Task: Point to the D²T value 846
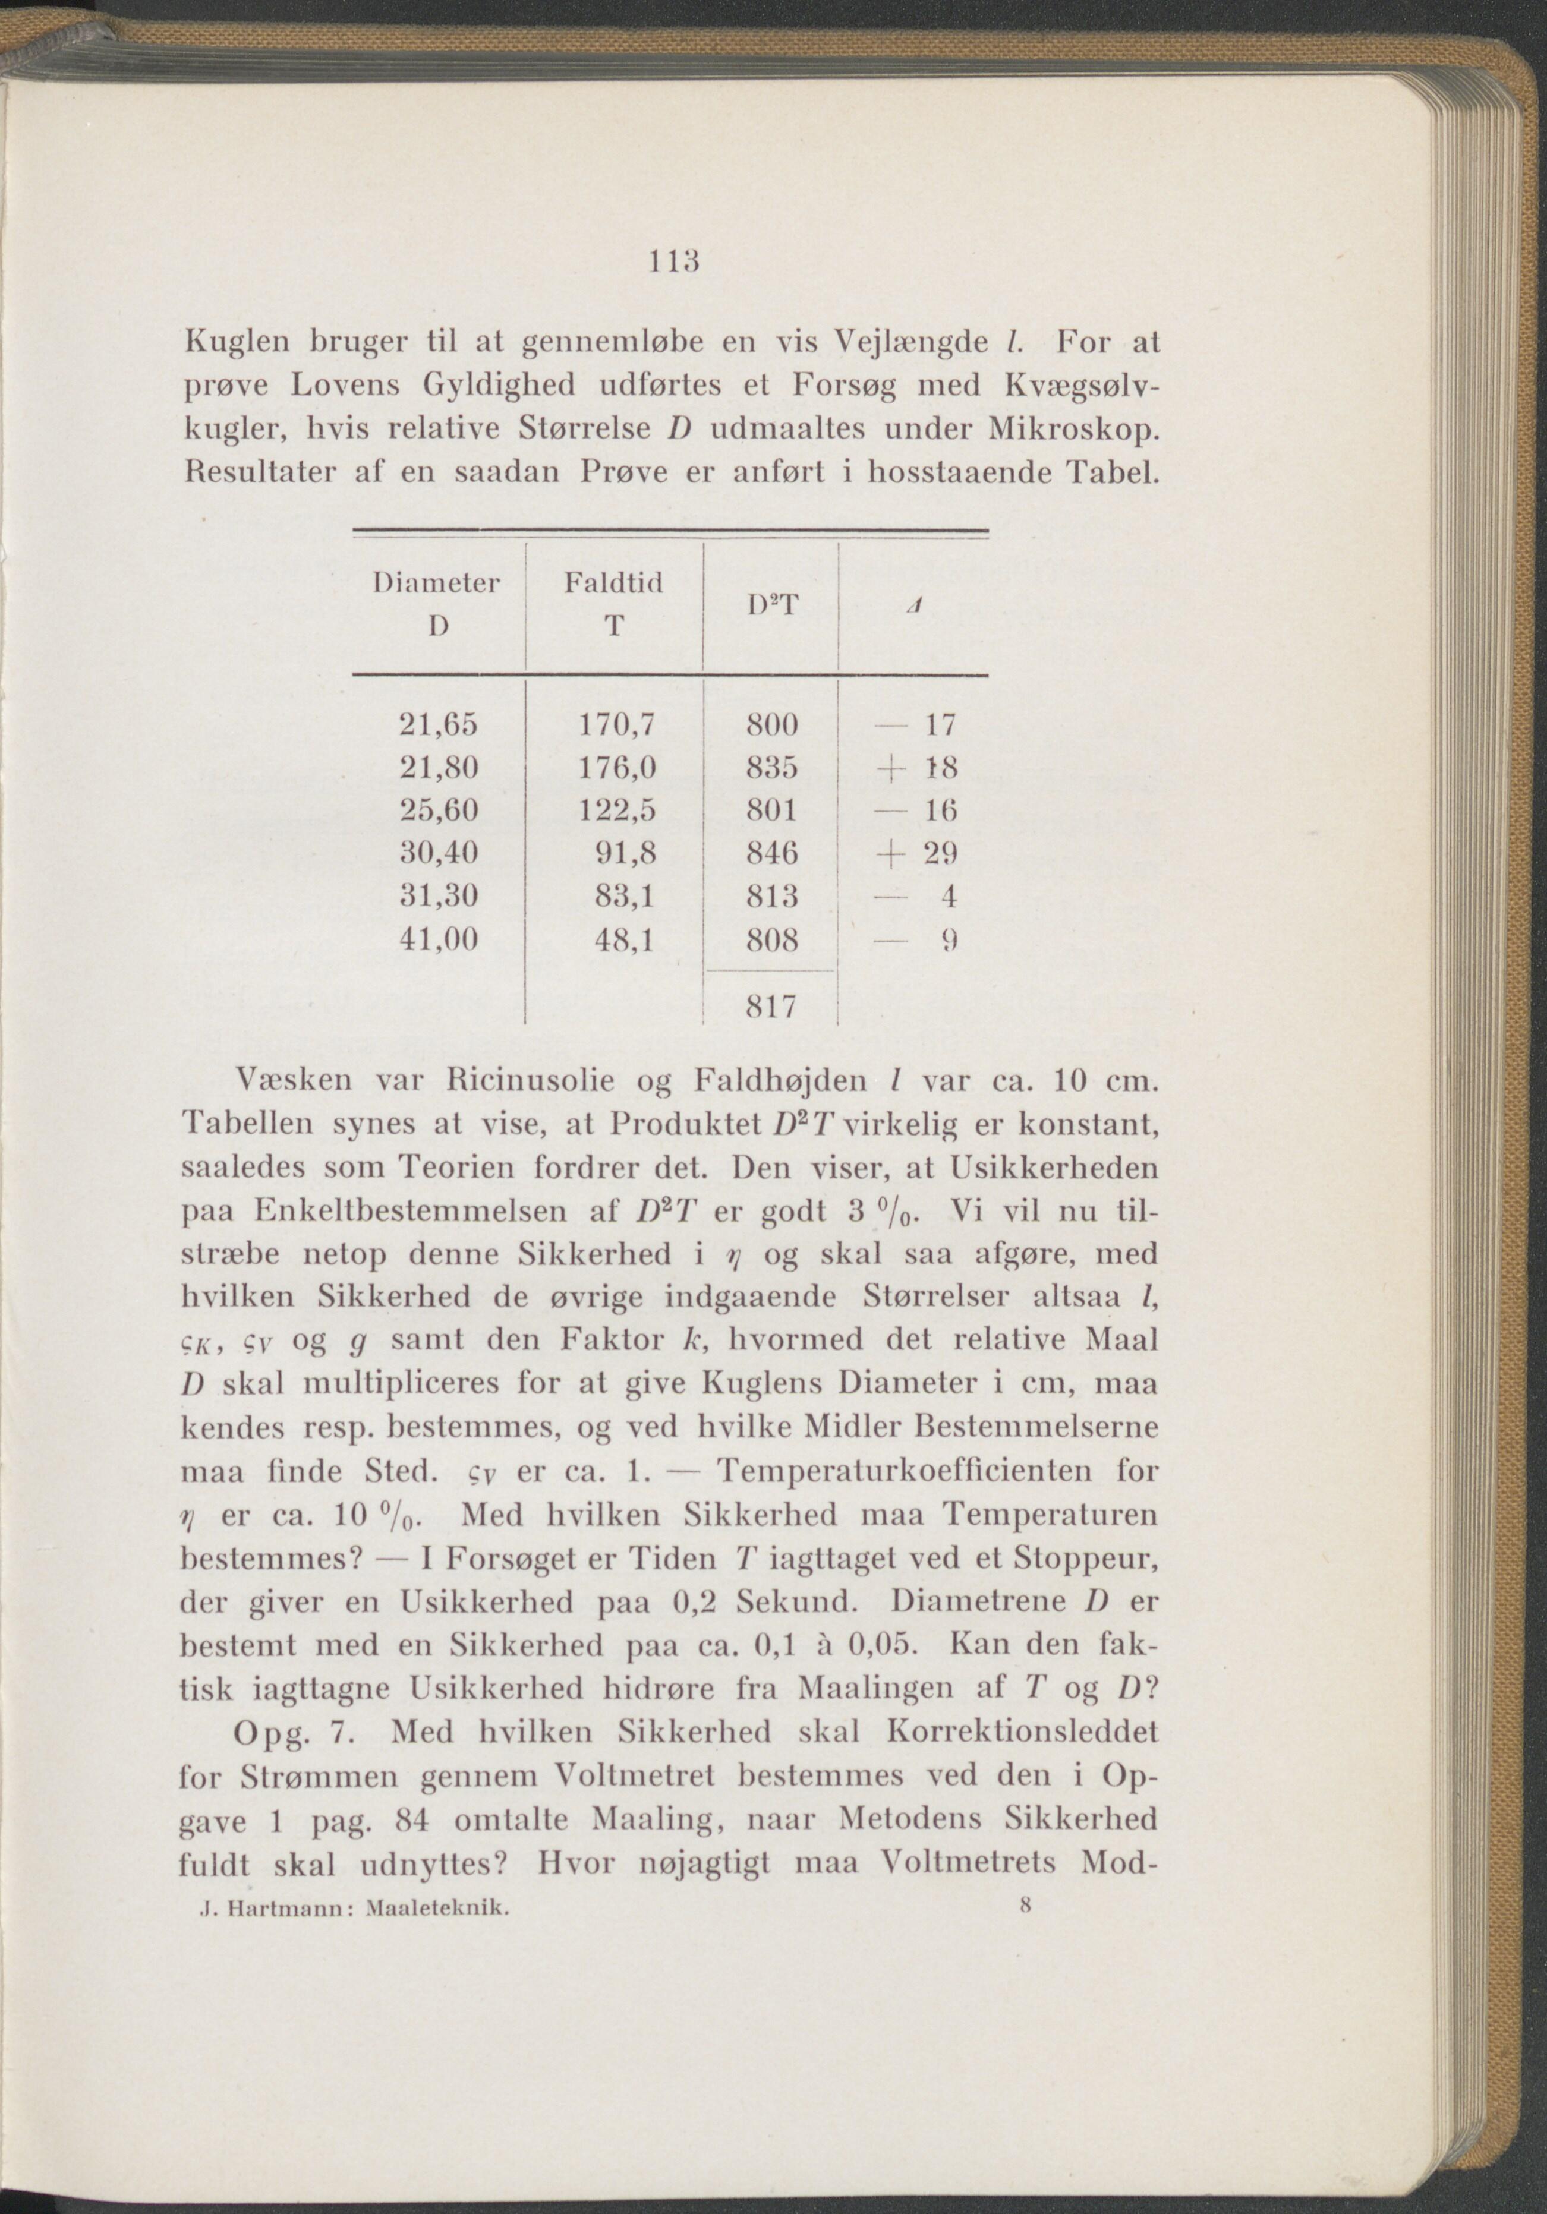(773, 853)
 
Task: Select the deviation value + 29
(912, 853)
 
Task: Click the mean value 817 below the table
(773, 1008)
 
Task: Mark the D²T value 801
(773, 809)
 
